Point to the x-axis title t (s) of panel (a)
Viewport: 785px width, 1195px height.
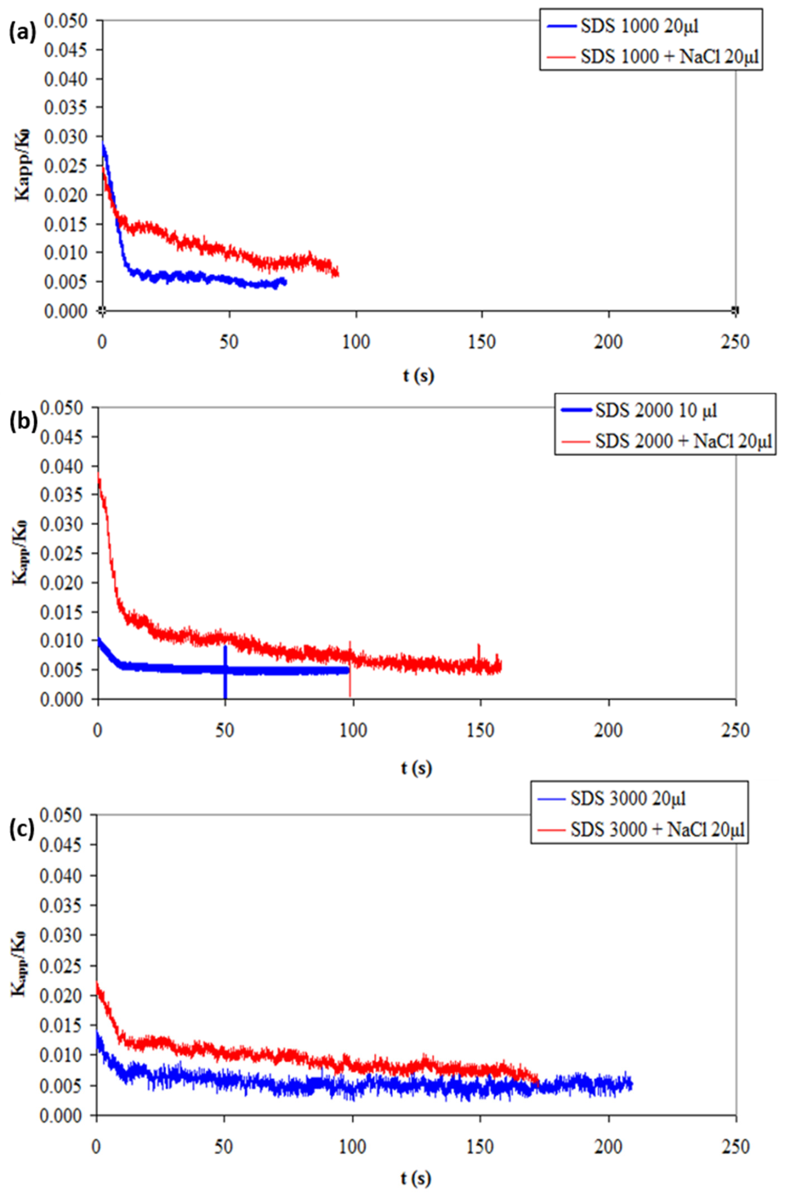[x=418, y=376]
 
